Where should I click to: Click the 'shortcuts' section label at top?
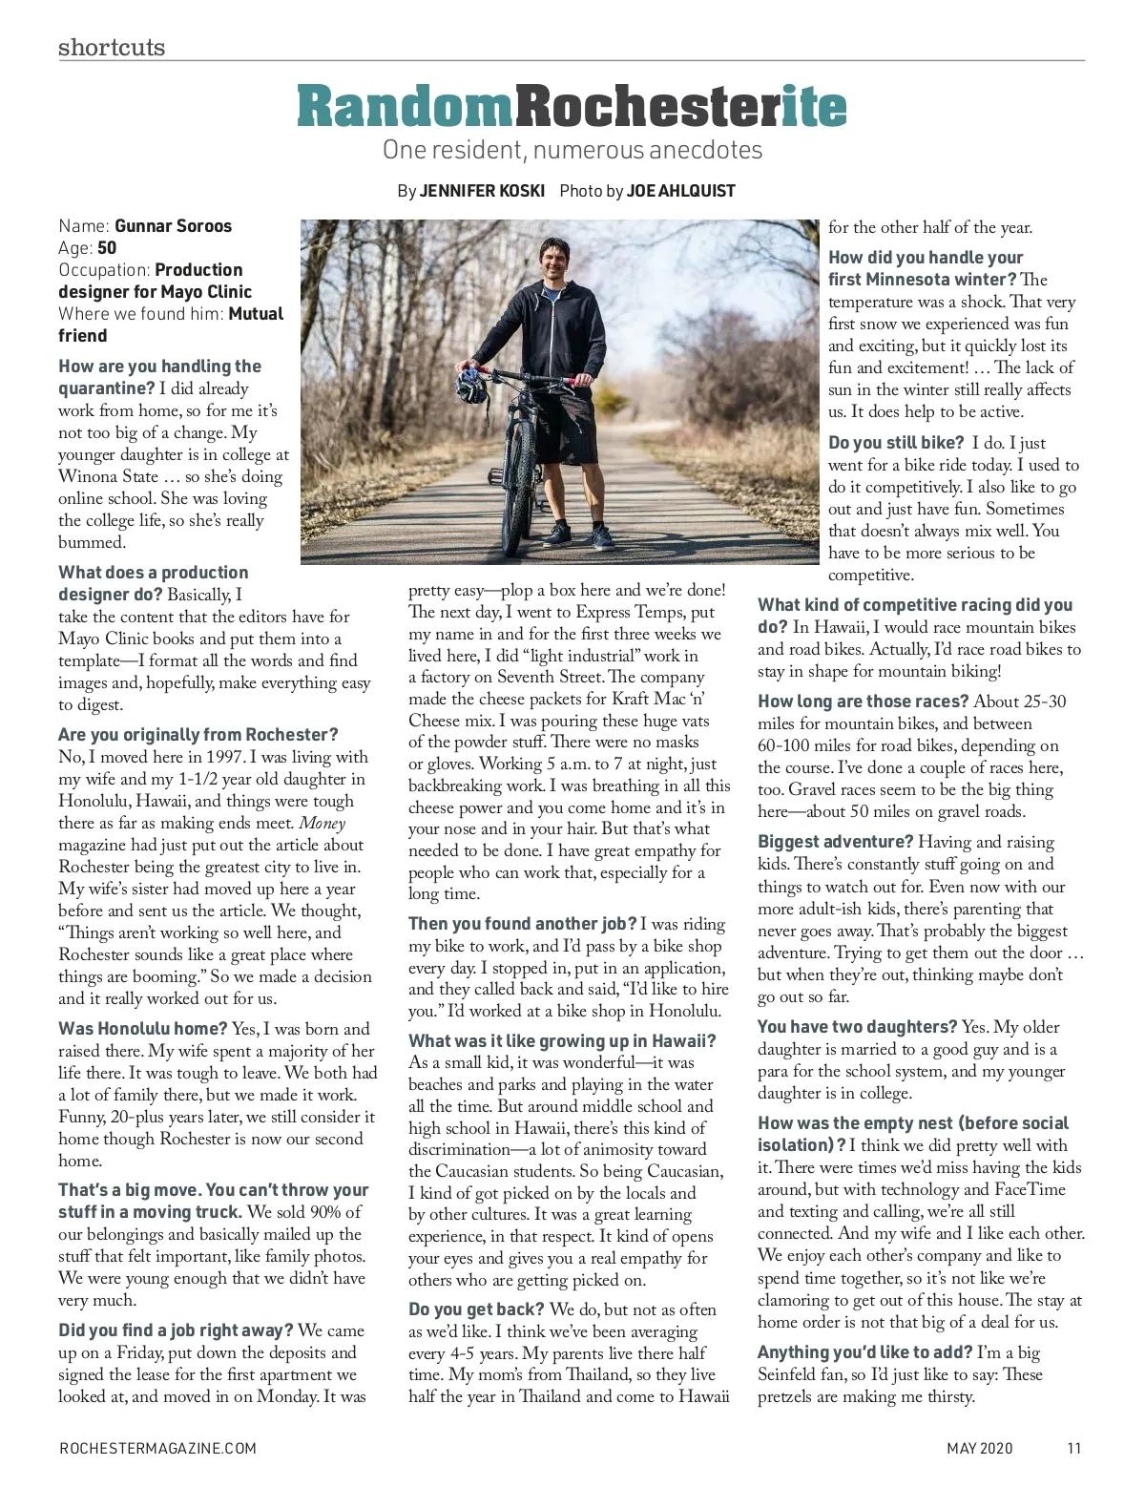coord(111,47)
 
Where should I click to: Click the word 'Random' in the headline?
coord(405,107)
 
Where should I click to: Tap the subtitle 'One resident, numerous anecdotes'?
coord(572,150)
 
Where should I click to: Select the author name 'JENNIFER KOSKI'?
coord(482,191)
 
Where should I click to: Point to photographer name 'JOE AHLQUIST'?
coord(680,191)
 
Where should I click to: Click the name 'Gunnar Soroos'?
coord(173,226)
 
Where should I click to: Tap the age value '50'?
coord(107,248)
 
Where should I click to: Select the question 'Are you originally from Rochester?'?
coord(198,735)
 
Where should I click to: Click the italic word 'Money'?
coord(323,823)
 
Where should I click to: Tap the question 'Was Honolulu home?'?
coord(143,1029)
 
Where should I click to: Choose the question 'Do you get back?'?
coord(476,1309)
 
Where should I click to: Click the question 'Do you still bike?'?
coord(896,443)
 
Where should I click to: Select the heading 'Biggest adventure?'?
coord(835,842)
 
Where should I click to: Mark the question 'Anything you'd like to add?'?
coord(864,1352)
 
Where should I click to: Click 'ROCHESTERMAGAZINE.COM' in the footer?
coord(157,1448)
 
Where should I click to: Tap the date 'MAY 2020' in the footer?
coord(980,1448)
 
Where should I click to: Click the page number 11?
coord(1074,1448)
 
